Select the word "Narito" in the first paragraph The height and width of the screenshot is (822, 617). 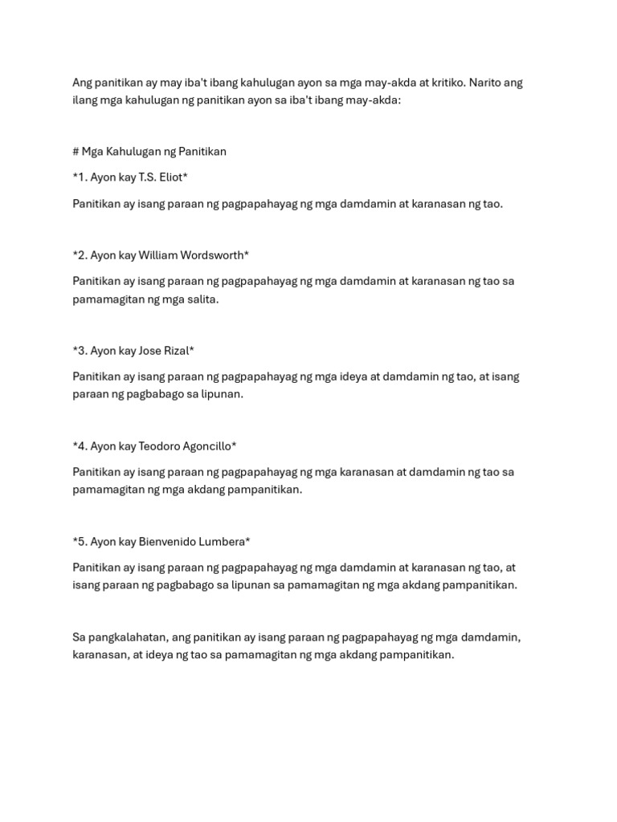[x=487, y=83]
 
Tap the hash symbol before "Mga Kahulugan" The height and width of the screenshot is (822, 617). [x=76, y=152]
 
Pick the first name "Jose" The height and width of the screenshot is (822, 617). [x=151, y=351]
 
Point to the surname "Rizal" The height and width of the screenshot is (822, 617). [x=178, y=351]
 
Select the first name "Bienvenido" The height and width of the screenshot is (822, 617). [x=169, y=542]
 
